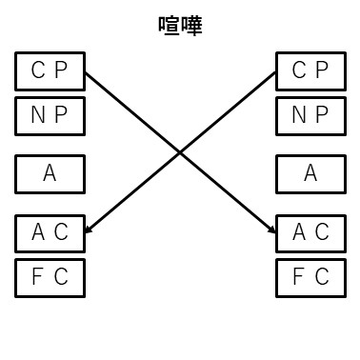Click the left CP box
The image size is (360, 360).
pyautogui.click(x=50, y=70)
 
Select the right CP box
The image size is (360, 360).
pyautogui.click(x=310, y=70)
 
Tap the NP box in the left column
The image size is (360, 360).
pyautogui.click(x=50, y=116)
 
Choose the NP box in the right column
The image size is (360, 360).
pyautogui.click(x=310, y=116)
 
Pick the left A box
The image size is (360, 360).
pyautogui.click(x=50, y=174)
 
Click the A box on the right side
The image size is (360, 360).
pyautogui.click(x=310, y=174)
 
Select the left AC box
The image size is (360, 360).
pyautogui.click(x=50, y=232)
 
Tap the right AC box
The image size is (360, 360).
pyautogui.click(x=310, y=232)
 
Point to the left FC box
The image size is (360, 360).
pyautogui.click(x=50, y=278)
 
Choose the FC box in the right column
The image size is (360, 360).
pyautogui.click(x=310, y=278)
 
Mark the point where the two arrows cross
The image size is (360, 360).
pyautogui.click(x=180, y=152)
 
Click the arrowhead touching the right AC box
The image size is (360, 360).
pyautogui.click(x=270, y=230)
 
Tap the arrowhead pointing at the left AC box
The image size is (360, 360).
pyautogui.click(x=89, y=230)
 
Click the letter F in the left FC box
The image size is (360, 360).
pyautogui.click(x=38, y=278)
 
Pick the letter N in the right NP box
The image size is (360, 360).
pyautogui.click(x=297, y=116)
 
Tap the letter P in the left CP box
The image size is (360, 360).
pyautogui.click(x=61, y=70)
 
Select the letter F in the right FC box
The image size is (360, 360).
pyautogui.click(x=298, y=278)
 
